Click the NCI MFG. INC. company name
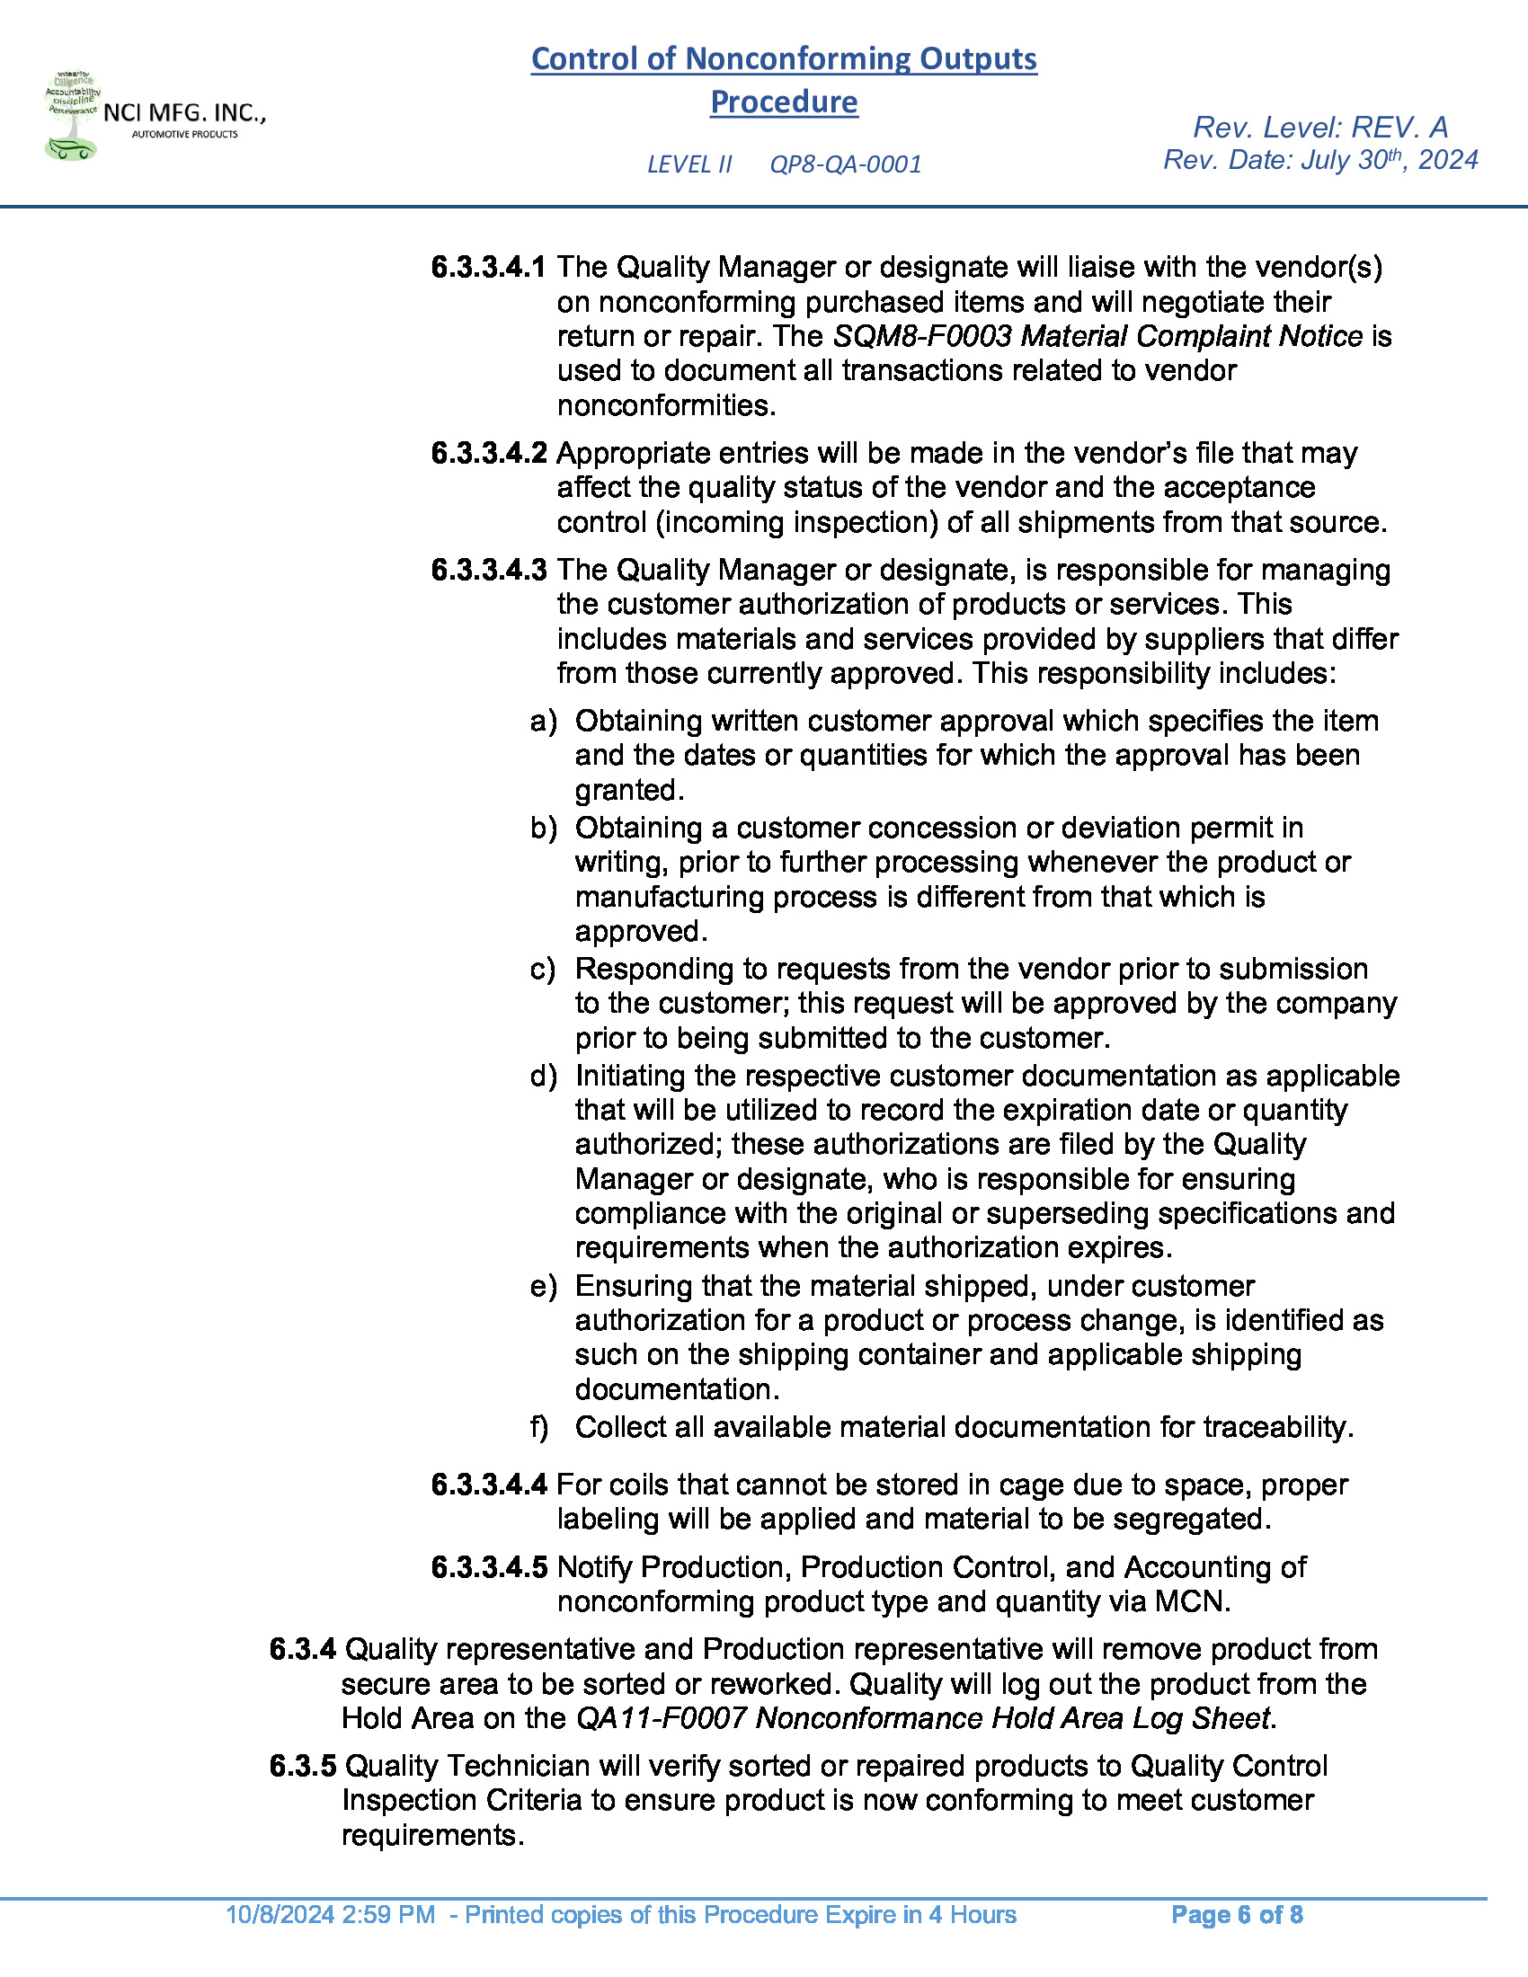(x=183, y=114)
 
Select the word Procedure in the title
(x=783, y=102)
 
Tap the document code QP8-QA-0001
(x=846, y=164)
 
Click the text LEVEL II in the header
(x=688, y=164)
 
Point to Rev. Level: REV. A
(x=1320, y=127)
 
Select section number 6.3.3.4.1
(x=489, y=267)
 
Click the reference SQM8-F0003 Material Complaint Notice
(x=1097, y=337)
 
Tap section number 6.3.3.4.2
(x=489, y=453)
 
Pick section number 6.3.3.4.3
(x=489, y=571)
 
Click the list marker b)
(x=543, y=829)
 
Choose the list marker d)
(x=543, y=1077)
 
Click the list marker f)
(x=539, y=1428)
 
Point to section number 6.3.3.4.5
(x=489, y=1567)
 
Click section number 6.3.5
(x=302, y=1766)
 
